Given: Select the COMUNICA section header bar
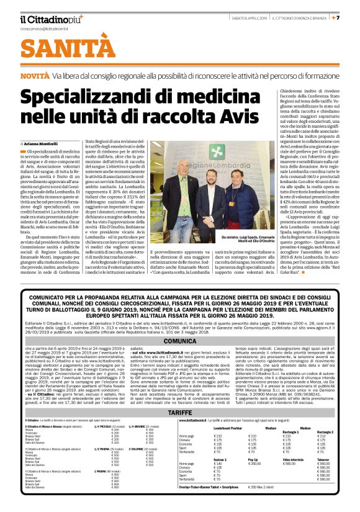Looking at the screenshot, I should (x=179, y=341).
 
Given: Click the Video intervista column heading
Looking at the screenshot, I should (x=291, y=477).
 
